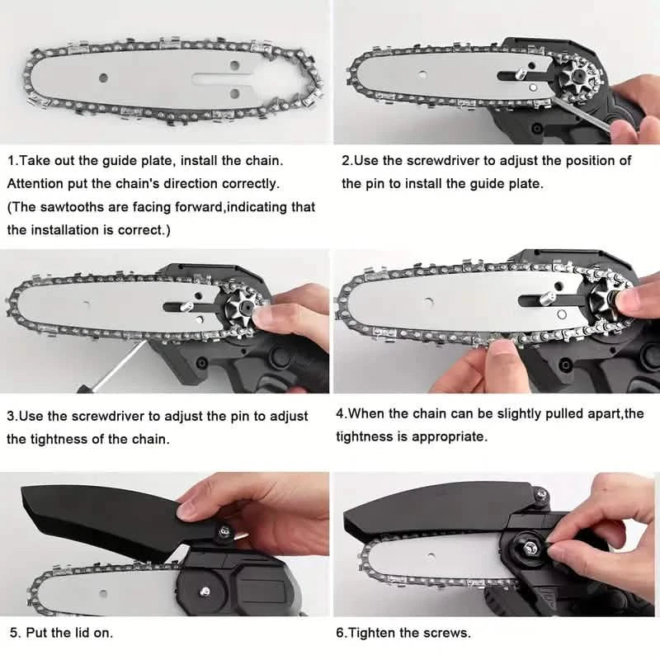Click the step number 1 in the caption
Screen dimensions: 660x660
[12, 159]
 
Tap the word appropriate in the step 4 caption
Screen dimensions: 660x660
[453, 436]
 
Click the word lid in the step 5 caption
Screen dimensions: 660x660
[94, 634]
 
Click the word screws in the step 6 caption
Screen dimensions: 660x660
[447, 634]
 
